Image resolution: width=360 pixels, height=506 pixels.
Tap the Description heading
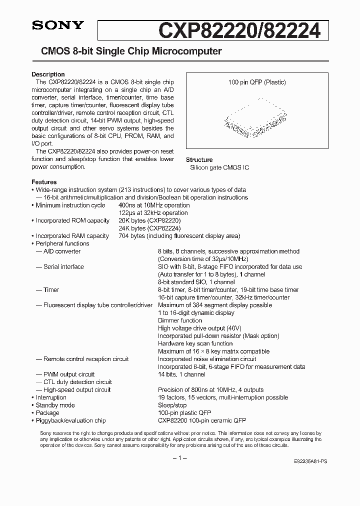tap(48, 74)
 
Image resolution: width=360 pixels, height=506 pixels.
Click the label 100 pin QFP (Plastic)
tap(256, 82)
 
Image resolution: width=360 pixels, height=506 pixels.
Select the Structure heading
tap(199, 160)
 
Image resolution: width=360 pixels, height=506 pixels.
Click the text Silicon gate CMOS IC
tap(219, 167)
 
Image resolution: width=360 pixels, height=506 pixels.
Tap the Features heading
tap(44, 182)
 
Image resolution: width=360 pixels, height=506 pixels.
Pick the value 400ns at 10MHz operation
tap(154, 205)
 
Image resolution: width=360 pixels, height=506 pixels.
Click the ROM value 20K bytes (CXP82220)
tap(149, 220)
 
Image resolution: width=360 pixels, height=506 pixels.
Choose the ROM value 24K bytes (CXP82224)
tap(149, 228)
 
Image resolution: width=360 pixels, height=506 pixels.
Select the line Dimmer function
tap(180, 320)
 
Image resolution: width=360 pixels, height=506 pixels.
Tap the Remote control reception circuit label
tap(85, 359)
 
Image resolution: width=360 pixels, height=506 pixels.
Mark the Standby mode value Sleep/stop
tap(172, 405)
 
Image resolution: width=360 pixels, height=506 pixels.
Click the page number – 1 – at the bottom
tap(179, 458)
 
